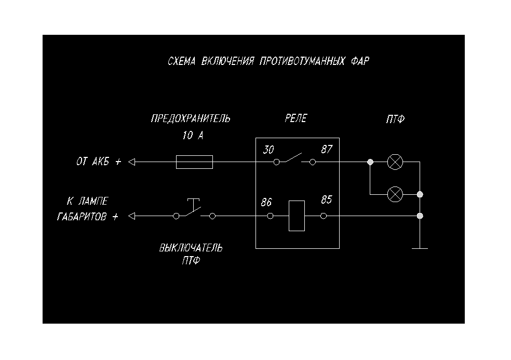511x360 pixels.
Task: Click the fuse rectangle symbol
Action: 194,162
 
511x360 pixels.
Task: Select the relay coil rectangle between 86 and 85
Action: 297,216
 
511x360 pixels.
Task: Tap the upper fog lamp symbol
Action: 395,162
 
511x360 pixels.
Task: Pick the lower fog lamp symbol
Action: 395,194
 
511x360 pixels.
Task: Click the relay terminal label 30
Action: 268,150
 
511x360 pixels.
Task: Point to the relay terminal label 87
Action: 326,150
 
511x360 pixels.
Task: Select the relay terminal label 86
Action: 267,202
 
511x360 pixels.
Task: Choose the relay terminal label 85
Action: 326,200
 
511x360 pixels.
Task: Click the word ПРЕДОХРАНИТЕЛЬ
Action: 190,118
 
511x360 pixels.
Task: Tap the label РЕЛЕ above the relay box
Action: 295,118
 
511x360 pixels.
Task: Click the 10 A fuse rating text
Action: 193,136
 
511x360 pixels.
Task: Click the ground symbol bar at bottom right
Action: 420,248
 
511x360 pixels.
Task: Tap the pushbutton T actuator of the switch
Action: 193,201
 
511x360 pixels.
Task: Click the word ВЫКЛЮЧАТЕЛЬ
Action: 191,248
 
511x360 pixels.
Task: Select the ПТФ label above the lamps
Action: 395,119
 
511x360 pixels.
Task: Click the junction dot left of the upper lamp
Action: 370,162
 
